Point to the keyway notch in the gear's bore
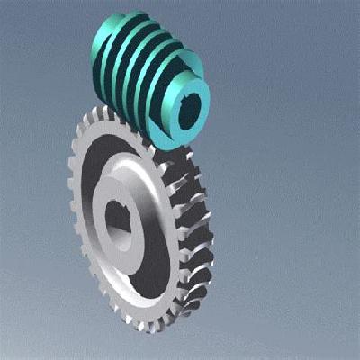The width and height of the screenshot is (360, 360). [x=109, y=215]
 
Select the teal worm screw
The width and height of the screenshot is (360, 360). [x=148, y=76]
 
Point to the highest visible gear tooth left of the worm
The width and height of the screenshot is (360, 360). [x=100, y=113]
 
